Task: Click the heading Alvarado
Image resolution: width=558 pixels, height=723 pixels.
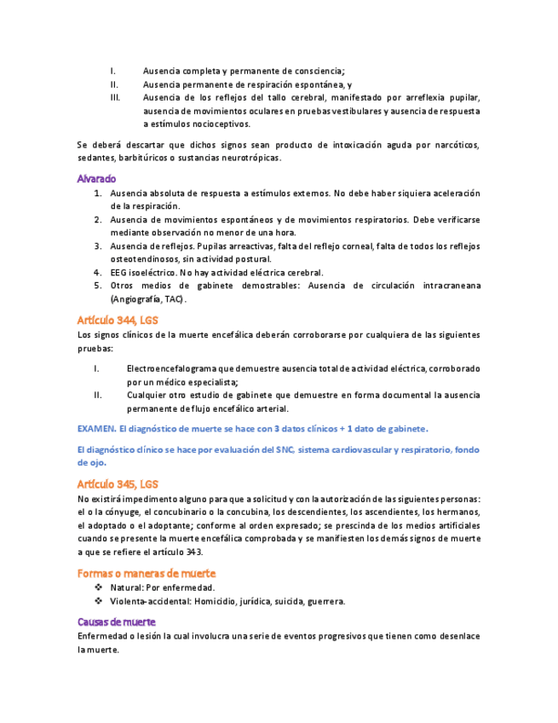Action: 96,179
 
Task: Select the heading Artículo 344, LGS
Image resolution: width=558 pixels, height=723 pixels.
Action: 118,321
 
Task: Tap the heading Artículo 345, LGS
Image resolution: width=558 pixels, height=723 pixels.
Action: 118,483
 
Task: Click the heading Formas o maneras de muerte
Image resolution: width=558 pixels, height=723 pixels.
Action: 147,573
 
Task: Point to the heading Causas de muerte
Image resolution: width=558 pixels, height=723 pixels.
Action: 117,622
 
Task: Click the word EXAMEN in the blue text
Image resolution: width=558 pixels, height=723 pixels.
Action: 95,427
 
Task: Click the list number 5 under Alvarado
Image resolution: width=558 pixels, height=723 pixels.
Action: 98,286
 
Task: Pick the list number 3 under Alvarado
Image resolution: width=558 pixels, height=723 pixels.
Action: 98,246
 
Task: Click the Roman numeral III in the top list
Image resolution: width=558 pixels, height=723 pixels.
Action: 115,98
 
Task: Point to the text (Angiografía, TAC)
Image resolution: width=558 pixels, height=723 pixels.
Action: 147,300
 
